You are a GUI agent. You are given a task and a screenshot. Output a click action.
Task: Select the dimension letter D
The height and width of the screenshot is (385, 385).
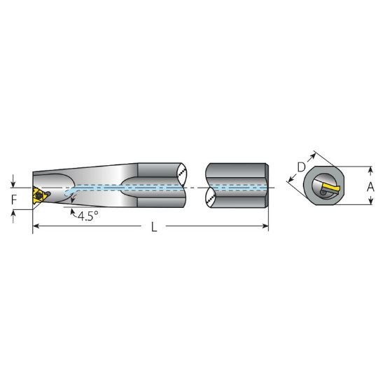[301, 167]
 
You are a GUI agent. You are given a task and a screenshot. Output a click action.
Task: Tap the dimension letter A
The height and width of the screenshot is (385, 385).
[371, 186]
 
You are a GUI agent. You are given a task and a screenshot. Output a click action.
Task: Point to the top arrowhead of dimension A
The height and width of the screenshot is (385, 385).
[370, 169]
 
